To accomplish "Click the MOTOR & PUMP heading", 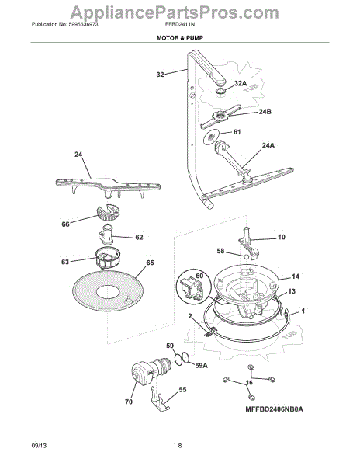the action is tap(180, 38).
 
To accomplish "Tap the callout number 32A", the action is tap(241, 84).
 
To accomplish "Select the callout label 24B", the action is tap(265, 112).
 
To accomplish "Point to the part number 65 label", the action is tap(151, 263).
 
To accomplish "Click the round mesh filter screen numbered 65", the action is tap(108, 291).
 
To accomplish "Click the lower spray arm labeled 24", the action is tap(108, 187).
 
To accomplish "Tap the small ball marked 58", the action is tap(246, 256).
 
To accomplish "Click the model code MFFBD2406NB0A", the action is tap(274, 409).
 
